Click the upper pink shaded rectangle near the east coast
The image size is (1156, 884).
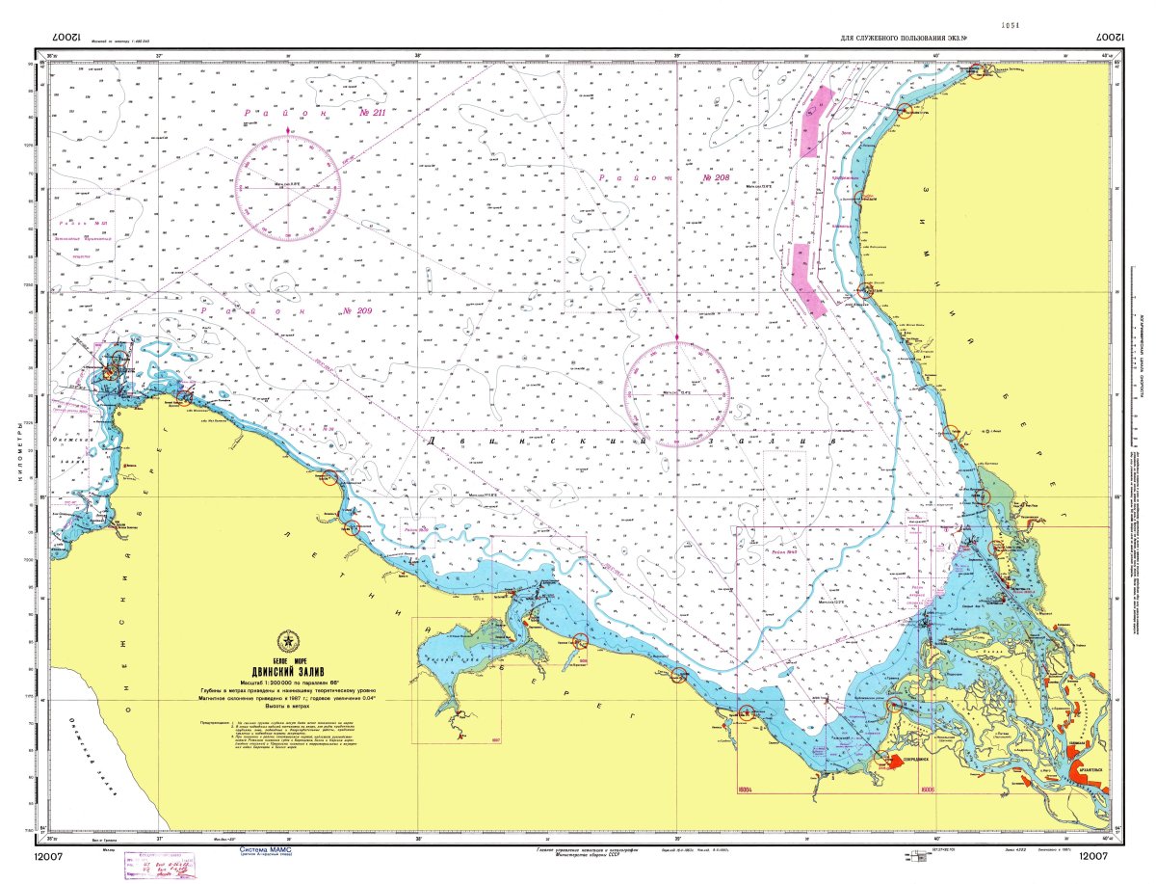click(814, 121)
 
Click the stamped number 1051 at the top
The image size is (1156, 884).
click(1010, 25)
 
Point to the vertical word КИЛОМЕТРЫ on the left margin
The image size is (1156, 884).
click(17, 453)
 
